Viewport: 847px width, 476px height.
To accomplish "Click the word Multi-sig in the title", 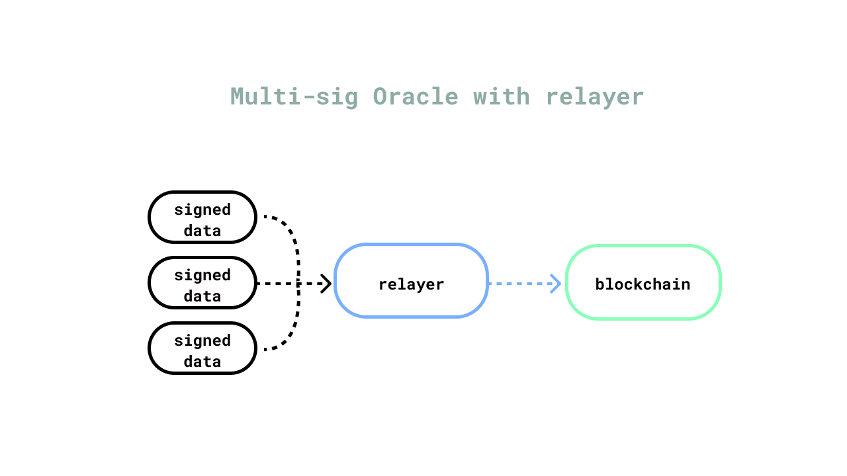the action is pos(294,97).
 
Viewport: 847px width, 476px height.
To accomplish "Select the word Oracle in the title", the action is pos(416,97).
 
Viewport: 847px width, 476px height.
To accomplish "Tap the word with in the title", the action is pos(502,96).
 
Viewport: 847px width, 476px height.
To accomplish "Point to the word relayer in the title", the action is pos(595,97).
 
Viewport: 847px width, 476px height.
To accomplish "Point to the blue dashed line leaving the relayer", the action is pos(519,284).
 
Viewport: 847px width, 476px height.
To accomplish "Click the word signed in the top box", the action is pos(202,210).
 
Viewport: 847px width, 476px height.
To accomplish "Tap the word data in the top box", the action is pos(202,231).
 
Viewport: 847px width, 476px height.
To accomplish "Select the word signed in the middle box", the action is pos(202,276).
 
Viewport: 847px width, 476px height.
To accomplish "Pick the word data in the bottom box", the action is pos(202,362).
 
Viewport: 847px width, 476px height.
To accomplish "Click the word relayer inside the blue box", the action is pos(411,285).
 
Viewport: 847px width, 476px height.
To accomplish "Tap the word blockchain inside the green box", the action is pos(643,284).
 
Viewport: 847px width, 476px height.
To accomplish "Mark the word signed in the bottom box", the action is pos(202,340).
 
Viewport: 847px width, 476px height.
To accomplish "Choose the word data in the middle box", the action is pos(202,296).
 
